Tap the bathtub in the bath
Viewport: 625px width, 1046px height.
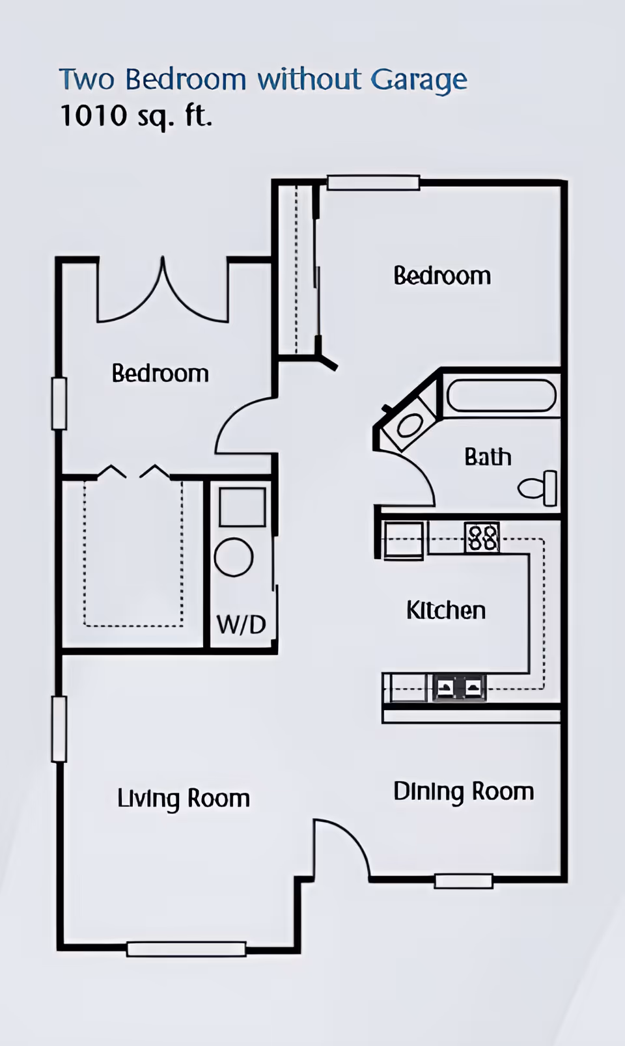[x=501, y=396]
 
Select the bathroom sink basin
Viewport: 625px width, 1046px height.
[x=410, y=426]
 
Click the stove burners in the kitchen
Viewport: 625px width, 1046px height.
[x=482, y=538]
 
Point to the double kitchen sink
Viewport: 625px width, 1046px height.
[x=460, y=687]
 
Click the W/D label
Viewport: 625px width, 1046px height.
[x=242, y=624]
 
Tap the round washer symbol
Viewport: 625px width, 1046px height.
[x=234, y=557]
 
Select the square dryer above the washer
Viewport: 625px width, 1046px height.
[x=242, y=508]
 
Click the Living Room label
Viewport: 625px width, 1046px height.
[x=184, y=799]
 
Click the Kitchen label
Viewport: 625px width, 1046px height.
[x=446, y=611]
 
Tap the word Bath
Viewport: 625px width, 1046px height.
[x=488, y=457]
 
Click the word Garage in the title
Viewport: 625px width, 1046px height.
[x=419, y=80]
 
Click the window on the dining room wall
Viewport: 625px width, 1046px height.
[x=464, y=881]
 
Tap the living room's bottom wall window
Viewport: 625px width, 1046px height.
[x=186, y=949]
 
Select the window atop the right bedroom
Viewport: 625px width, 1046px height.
[x=373, y=182]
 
